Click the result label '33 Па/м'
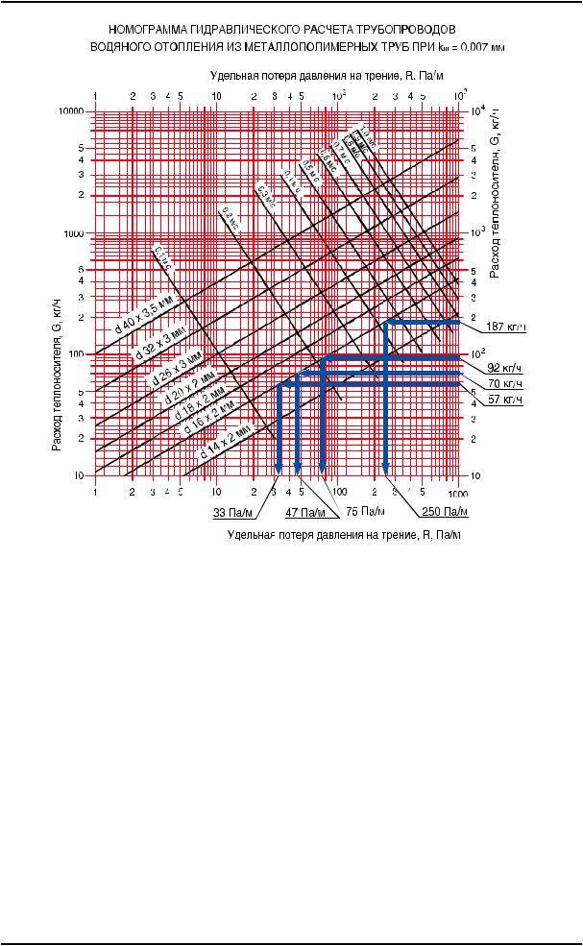tap(231, 512)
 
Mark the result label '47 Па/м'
tap(305, 512)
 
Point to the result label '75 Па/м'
tap(366, 512)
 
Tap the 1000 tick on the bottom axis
tap(458, 491)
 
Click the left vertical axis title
tap(57, 376)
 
